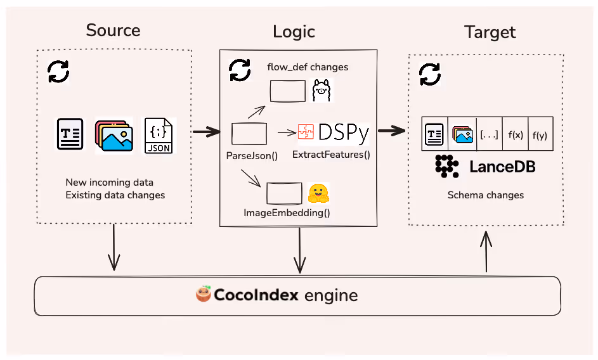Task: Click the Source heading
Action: [x=113, y=30]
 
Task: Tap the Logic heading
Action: [x=294, y=32]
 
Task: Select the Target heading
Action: [x=490, y=32]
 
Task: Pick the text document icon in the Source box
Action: [x=70, y=134]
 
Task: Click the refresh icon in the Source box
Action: [x=59, y=72]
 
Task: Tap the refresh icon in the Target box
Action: [x=430, y=74]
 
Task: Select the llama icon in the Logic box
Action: [x=322, y=91]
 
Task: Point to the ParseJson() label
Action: [x=252, y=154]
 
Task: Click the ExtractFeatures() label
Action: [x=330, y=154]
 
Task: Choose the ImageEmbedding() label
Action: [x=287, y=212]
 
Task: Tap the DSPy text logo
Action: [x=343, y=132]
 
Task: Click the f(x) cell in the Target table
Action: [x=515, y=134]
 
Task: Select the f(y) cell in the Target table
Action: [x=540, y=134]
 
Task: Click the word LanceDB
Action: [x=502, y=167]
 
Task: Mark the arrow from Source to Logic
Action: [x=205, y=132]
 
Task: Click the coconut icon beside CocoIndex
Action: [x=204, y=295]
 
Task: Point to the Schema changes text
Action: [x=486, y=195]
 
